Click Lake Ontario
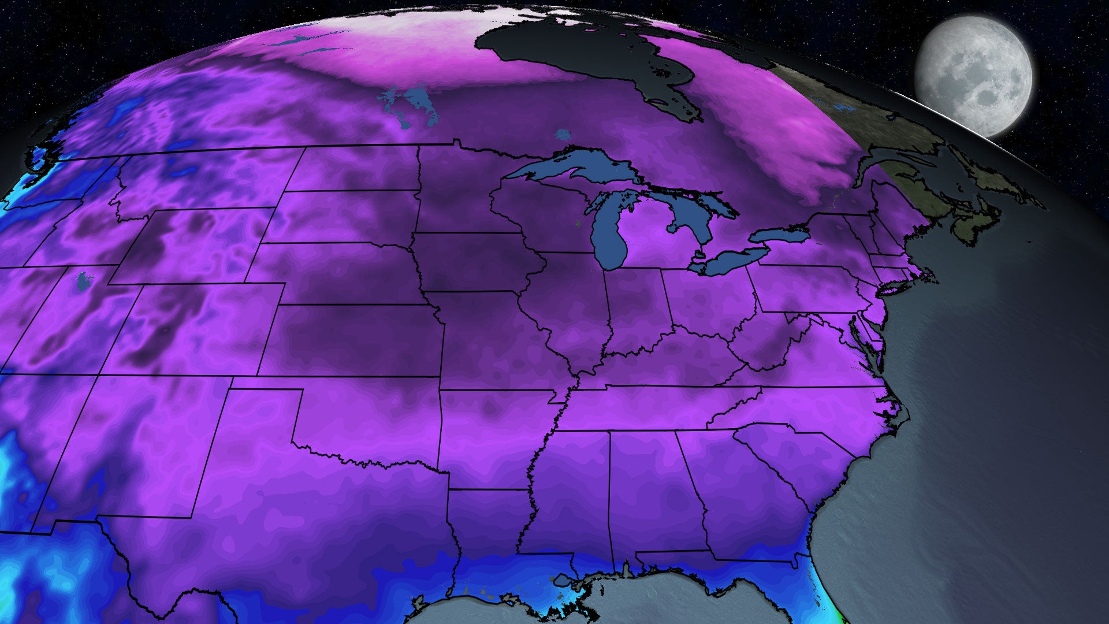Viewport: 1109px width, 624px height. pos(777,235)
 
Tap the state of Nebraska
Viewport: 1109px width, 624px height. pos(341,272)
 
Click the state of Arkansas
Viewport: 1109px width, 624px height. pos(491,439)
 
